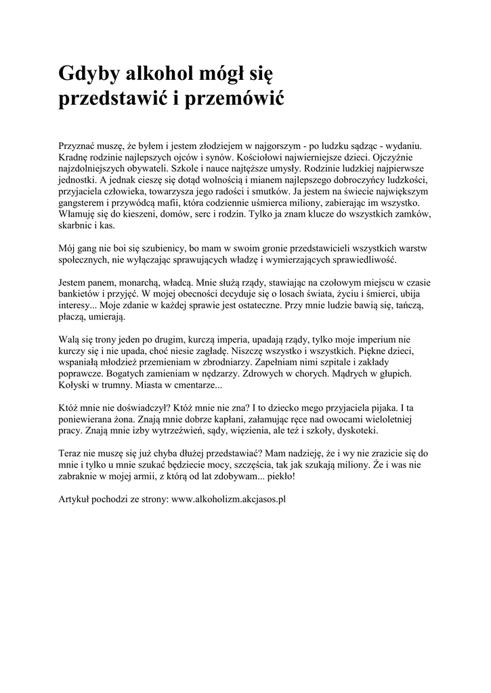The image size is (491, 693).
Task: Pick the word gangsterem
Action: (x=79, y=202)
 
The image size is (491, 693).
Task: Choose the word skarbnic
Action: (x=74, y=224)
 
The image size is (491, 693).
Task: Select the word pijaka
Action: (x=383, y=409)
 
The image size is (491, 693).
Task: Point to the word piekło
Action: (x=280, y=477)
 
